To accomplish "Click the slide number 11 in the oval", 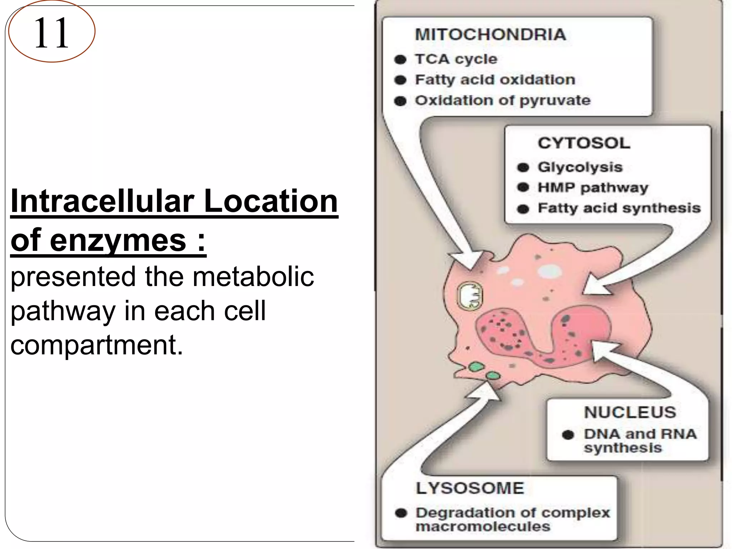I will [51, 33].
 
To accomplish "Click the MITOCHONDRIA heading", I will [490, 35].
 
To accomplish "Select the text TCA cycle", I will [456, 59].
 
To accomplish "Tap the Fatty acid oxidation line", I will [495, 80].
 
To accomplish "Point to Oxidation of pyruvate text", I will [503, 100].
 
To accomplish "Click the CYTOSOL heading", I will [584, 143].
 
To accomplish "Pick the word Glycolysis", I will [580, 167].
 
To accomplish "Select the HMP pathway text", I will [593, 188].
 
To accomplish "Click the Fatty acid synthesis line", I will [619, 208].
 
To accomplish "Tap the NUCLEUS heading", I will [630, 412].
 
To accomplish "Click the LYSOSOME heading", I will [470, 488].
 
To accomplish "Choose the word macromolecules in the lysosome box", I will [483, 526].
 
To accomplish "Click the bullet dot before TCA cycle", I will [401, 59].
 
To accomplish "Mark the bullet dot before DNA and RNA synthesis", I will [568, 435].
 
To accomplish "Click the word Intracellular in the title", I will [102, 201].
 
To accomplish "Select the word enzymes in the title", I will [118, 240].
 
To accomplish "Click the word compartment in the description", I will [97, 345].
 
